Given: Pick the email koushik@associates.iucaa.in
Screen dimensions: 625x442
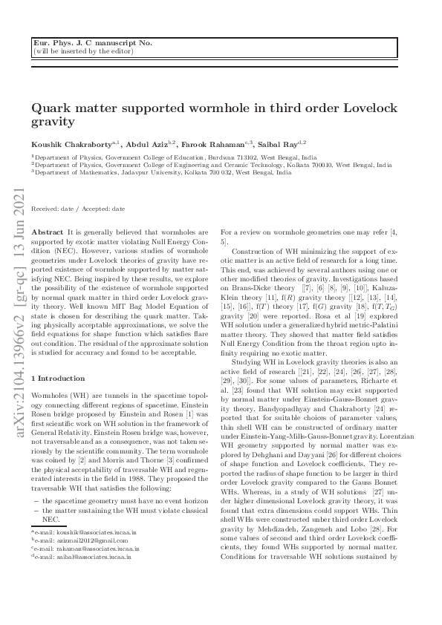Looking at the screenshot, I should [88, 533].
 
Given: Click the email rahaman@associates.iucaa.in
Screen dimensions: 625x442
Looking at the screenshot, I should [88, 548].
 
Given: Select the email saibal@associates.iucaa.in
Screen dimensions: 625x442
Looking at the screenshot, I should [85, 555].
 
